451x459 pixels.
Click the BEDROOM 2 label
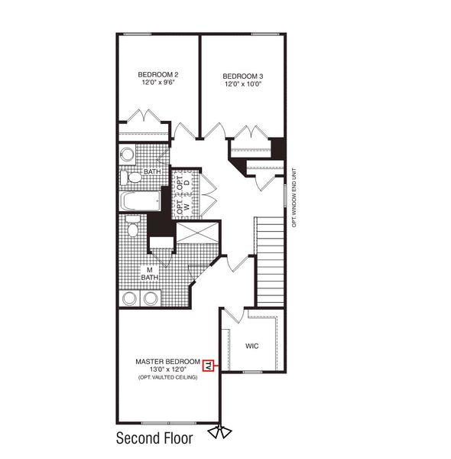coord(158,74)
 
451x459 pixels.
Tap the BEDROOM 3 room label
coord(243,76)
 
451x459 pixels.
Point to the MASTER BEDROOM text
coord(167,361)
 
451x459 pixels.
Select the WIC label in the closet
coord(252,346)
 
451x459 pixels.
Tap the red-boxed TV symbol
coord(208,366)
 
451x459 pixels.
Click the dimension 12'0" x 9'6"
coord(158,83)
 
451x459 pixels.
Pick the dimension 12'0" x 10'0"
coord(243,84)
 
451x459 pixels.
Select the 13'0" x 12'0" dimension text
coord(167,369)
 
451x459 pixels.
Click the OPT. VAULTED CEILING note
coord(167,378)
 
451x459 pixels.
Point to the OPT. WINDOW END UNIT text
coord(294,195)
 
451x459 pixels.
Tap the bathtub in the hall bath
coord(139,201)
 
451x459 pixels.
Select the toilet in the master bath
coord(132,229)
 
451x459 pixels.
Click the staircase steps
coord(269,260)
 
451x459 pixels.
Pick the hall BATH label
coord(152,171)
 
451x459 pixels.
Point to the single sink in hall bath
coord(127,156)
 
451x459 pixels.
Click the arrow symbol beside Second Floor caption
coord(224,432)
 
